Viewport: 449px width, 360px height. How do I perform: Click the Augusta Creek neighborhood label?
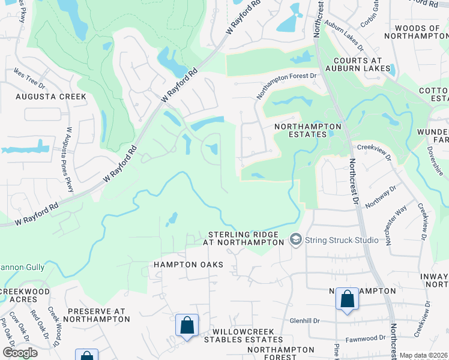click(x=51, y=97)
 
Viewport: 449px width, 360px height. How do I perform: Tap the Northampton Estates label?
click(x=307, y=131)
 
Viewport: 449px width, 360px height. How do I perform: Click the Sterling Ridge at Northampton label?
click(x=245, y=238)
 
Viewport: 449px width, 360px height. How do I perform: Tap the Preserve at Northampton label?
click(x=98, y=316)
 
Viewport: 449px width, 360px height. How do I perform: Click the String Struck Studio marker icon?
click(x=295, y=240)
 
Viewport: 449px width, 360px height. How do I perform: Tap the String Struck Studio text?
click(x=342, y=241)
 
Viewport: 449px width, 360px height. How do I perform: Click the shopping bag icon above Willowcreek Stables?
click(x=187, y=326)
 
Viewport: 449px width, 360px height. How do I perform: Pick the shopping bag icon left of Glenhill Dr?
click(x=347, y=300)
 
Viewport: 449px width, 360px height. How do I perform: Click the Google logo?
click(x=20, y=353)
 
